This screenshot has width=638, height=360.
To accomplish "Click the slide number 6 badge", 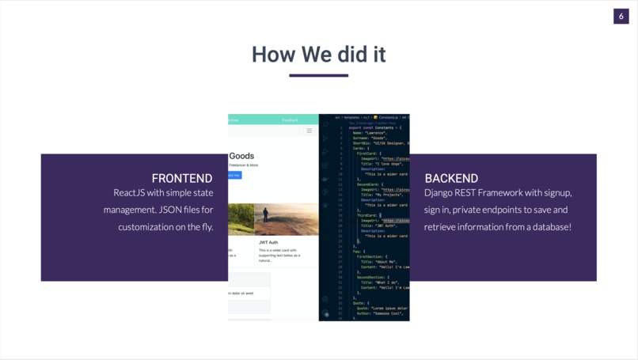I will click(621, 17).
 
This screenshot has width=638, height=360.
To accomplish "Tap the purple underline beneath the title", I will click(318, 76).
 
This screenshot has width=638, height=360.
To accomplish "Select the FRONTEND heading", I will click(182, 178).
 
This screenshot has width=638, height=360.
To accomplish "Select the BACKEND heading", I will click(451, 178).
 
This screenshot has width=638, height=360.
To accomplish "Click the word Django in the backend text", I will click(439, 192).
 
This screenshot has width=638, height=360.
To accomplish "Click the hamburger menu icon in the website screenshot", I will click(310, 131).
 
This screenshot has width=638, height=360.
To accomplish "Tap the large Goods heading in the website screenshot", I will click(241, 156).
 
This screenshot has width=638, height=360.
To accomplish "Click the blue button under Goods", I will click(234, 175).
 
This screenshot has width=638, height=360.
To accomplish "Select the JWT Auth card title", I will click(268, 242).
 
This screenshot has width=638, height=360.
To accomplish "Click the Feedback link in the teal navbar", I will click(291, 120).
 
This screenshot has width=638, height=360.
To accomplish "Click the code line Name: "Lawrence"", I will click(365, 132).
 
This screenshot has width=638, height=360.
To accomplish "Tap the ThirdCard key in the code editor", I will click(368, 214).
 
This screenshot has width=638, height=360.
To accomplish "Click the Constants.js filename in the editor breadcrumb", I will click(389, 117).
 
